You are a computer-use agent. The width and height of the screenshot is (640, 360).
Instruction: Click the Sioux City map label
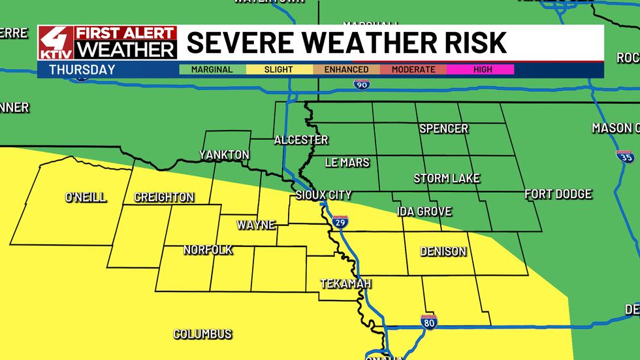(323, 195)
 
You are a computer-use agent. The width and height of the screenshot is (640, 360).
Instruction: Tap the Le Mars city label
(347, 162)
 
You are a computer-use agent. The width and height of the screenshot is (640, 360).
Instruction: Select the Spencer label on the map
(443, 129)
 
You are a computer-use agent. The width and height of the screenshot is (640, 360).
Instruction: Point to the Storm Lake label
(447, 178)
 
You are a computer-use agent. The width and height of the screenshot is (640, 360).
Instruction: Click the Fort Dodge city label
(558, 194)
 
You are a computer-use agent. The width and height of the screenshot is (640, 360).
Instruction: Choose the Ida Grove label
(424, 212)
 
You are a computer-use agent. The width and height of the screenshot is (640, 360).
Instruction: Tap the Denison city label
(443, 252)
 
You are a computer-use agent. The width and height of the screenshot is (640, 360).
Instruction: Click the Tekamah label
(345, 284)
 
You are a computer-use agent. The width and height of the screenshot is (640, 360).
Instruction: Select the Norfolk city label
(208, 250)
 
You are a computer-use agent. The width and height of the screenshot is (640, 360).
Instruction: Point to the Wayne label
(255, 225)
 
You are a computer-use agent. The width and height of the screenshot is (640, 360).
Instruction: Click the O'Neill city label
(86, 197)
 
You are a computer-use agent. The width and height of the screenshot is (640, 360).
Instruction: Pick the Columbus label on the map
(202, 334)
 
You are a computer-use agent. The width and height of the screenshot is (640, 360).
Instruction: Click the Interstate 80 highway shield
(428, 320)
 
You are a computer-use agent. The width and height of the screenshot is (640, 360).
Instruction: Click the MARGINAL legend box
(212, 69)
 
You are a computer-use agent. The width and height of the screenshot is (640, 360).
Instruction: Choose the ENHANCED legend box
(345, 69)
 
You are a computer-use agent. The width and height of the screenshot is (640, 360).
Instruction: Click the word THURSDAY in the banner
(82, 69)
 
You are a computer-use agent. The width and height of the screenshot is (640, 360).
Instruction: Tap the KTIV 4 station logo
(56, 43)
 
